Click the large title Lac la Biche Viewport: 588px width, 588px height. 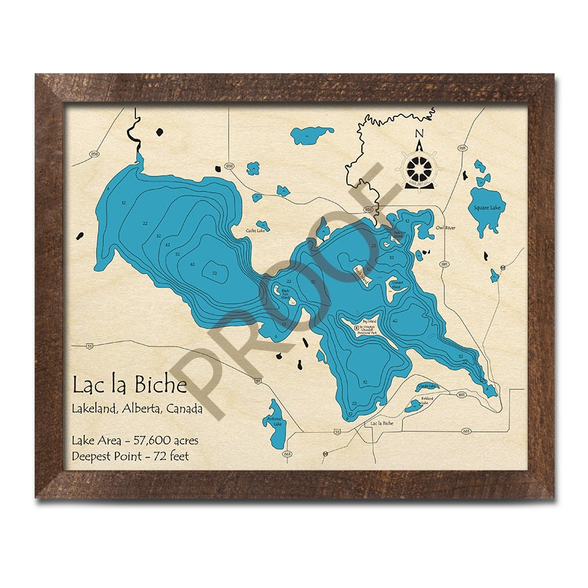(129, 385)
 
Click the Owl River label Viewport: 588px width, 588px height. (446, 228)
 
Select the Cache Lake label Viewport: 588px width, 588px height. (255, 230)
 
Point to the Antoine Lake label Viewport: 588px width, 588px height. (277, 421)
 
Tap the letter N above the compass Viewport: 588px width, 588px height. (419, 135)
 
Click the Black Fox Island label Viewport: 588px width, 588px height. (286, 295)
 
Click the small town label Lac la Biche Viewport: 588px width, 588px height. (382, 423)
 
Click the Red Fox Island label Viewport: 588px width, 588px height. (400, 233)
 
